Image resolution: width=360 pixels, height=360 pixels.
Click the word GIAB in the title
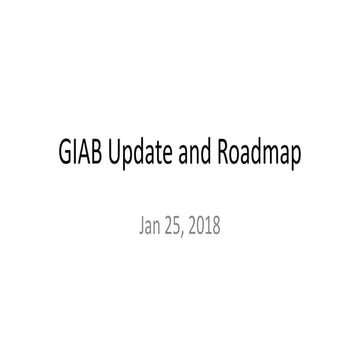[x=80, y=158]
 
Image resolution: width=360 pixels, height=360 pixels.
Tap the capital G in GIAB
[x=65, y=158]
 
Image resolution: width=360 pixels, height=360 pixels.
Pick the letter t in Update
[x=166, y=158]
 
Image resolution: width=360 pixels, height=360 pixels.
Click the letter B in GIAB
[x=98, y=158]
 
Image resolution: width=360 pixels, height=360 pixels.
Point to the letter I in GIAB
[x=76, y=158]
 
